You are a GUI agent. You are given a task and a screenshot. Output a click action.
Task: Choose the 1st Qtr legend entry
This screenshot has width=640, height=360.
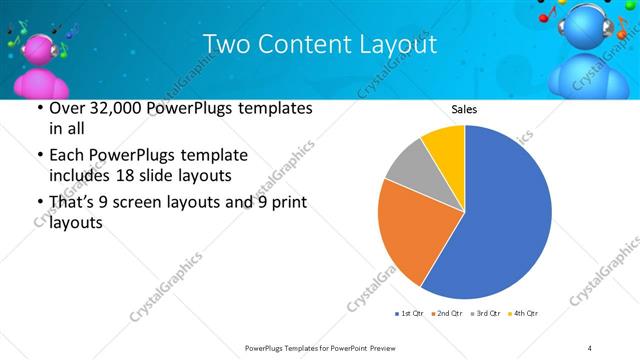point(410,314)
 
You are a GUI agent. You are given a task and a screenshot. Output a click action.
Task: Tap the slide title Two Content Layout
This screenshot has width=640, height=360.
point(319,45)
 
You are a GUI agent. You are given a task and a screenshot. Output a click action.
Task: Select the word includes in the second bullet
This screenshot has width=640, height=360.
point(81,177)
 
